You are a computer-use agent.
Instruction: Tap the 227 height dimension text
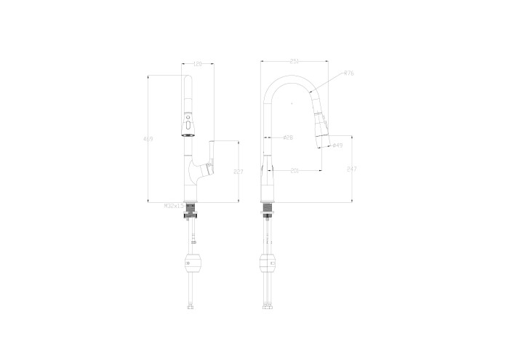pos(237,172)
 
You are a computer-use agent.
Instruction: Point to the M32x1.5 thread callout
pos(174,206)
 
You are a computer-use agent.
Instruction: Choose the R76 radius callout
pos(348,73)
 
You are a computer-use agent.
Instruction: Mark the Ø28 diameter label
pos(287,137)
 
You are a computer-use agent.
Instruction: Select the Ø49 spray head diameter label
pos(337,145)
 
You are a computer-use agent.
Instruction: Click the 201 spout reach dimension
pos(294,171)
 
